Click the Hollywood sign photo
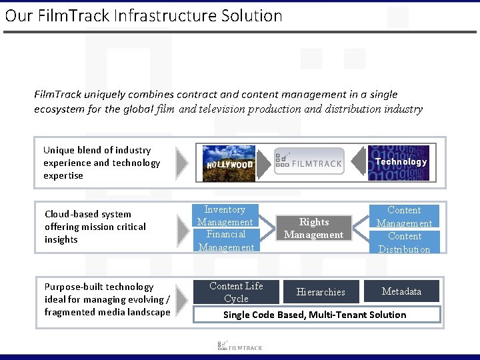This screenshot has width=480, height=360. pos(229,163)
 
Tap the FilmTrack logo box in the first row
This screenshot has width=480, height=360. pos(309,161)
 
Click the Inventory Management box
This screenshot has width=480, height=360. pos(225,216)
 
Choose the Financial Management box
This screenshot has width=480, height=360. pos(225,241)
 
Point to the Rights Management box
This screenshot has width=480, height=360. pos(314,228)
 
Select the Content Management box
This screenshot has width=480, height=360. pos(404,217)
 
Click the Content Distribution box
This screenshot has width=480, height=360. pos(404,243)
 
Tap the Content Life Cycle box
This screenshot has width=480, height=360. pos(236,292)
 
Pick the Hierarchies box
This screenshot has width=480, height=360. pos(321,292)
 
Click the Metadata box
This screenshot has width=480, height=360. pos(401,291)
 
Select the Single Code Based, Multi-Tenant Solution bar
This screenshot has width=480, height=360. pos(317,315)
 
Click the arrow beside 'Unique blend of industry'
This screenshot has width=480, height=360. pos(181,163)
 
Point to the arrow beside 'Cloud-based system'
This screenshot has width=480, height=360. pos(183,230)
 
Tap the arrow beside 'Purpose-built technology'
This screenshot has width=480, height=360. pos(183,297)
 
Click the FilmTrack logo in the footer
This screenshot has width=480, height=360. pos(240,346)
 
